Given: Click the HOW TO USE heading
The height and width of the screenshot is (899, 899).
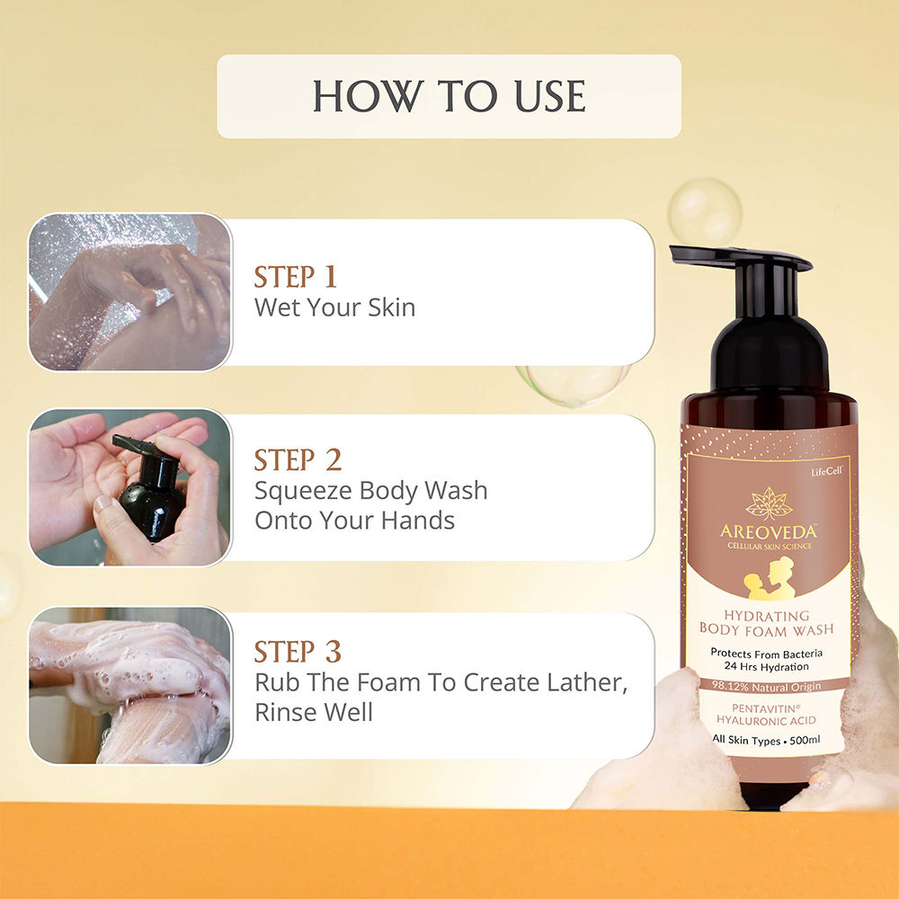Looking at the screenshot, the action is pos(449,96).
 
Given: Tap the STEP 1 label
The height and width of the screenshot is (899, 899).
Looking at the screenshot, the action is pos(295,277).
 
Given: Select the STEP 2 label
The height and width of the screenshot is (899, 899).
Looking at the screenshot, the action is pos(298,459).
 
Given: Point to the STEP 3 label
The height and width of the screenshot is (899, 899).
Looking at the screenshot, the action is pos(298,652).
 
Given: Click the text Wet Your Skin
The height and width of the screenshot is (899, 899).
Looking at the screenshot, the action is pos(334,307).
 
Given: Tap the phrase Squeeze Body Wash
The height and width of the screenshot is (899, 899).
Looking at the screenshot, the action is pos(371,491).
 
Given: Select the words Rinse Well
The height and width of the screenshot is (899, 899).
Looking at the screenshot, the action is pos(314,713).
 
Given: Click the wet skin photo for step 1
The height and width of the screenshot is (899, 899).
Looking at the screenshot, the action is pos(130,292).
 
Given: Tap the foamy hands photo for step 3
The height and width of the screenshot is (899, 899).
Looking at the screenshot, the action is pos(130,685).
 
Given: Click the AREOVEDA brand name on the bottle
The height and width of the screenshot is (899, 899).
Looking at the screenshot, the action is pos(769,531).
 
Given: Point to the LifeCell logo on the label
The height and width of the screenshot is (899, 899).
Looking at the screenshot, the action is pos(826,471).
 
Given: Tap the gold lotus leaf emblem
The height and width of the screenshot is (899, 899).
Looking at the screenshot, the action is pos(769,503).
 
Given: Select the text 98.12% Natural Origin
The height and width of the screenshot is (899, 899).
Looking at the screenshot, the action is pos(767,686).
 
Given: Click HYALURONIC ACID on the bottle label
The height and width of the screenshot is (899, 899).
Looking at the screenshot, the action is pos(766,721).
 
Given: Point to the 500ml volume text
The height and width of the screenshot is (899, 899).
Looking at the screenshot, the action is pos(805,740).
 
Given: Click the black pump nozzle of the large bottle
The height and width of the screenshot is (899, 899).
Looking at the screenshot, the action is pos(741,258).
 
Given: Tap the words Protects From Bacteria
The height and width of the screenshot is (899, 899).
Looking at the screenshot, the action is pos(767,653).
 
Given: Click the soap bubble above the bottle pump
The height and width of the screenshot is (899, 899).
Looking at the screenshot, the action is pos(705,211).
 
